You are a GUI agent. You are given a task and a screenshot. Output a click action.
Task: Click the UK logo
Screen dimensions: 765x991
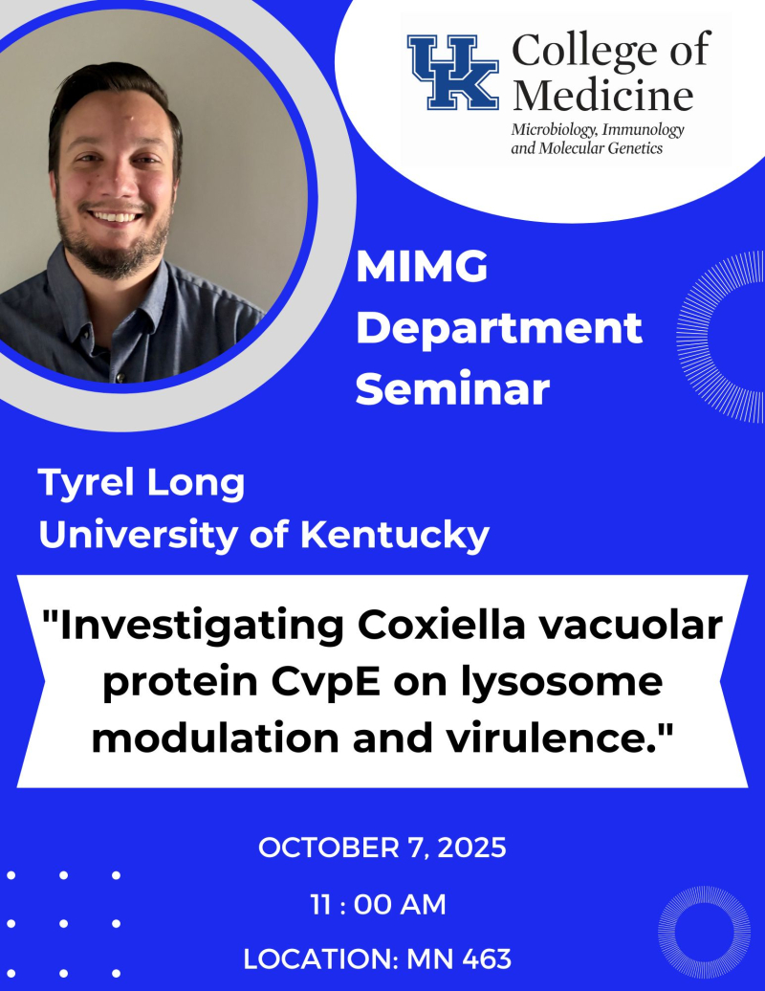tap(452, 72)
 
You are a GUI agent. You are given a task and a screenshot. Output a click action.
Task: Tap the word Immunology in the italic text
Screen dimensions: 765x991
tap(643, 130)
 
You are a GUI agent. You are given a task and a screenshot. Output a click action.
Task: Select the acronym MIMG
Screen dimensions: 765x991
tap(422, 267)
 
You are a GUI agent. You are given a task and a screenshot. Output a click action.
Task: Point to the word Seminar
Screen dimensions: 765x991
tap(452, 389)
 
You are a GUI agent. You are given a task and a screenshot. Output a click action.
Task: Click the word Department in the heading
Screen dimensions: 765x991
tap(499, 329)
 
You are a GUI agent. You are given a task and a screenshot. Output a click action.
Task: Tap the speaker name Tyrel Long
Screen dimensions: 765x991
tap(142, 484)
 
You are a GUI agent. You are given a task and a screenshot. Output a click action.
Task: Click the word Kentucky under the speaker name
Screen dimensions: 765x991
tap(394, 536)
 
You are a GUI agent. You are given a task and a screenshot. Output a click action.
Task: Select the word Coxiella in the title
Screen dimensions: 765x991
tap(442, 625)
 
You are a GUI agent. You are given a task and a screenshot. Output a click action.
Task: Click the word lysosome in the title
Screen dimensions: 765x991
tap(561, 682)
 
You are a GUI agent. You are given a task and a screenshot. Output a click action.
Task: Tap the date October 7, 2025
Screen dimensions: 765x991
tap(382, 848)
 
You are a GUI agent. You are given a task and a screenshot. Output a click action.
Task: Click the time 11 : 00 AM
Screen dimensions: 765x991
tap(378, 904)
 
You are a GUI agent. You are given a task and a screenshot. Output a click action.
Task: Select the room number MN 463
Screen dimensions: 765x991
tap(459, 958)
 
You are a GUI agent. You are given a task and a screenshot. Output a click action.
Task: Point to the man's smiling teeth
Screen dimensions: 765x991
tap(117, 217)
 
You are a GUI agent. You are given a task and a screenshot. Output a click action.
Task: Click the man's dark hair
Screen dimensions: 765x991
tap(114, 95)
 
